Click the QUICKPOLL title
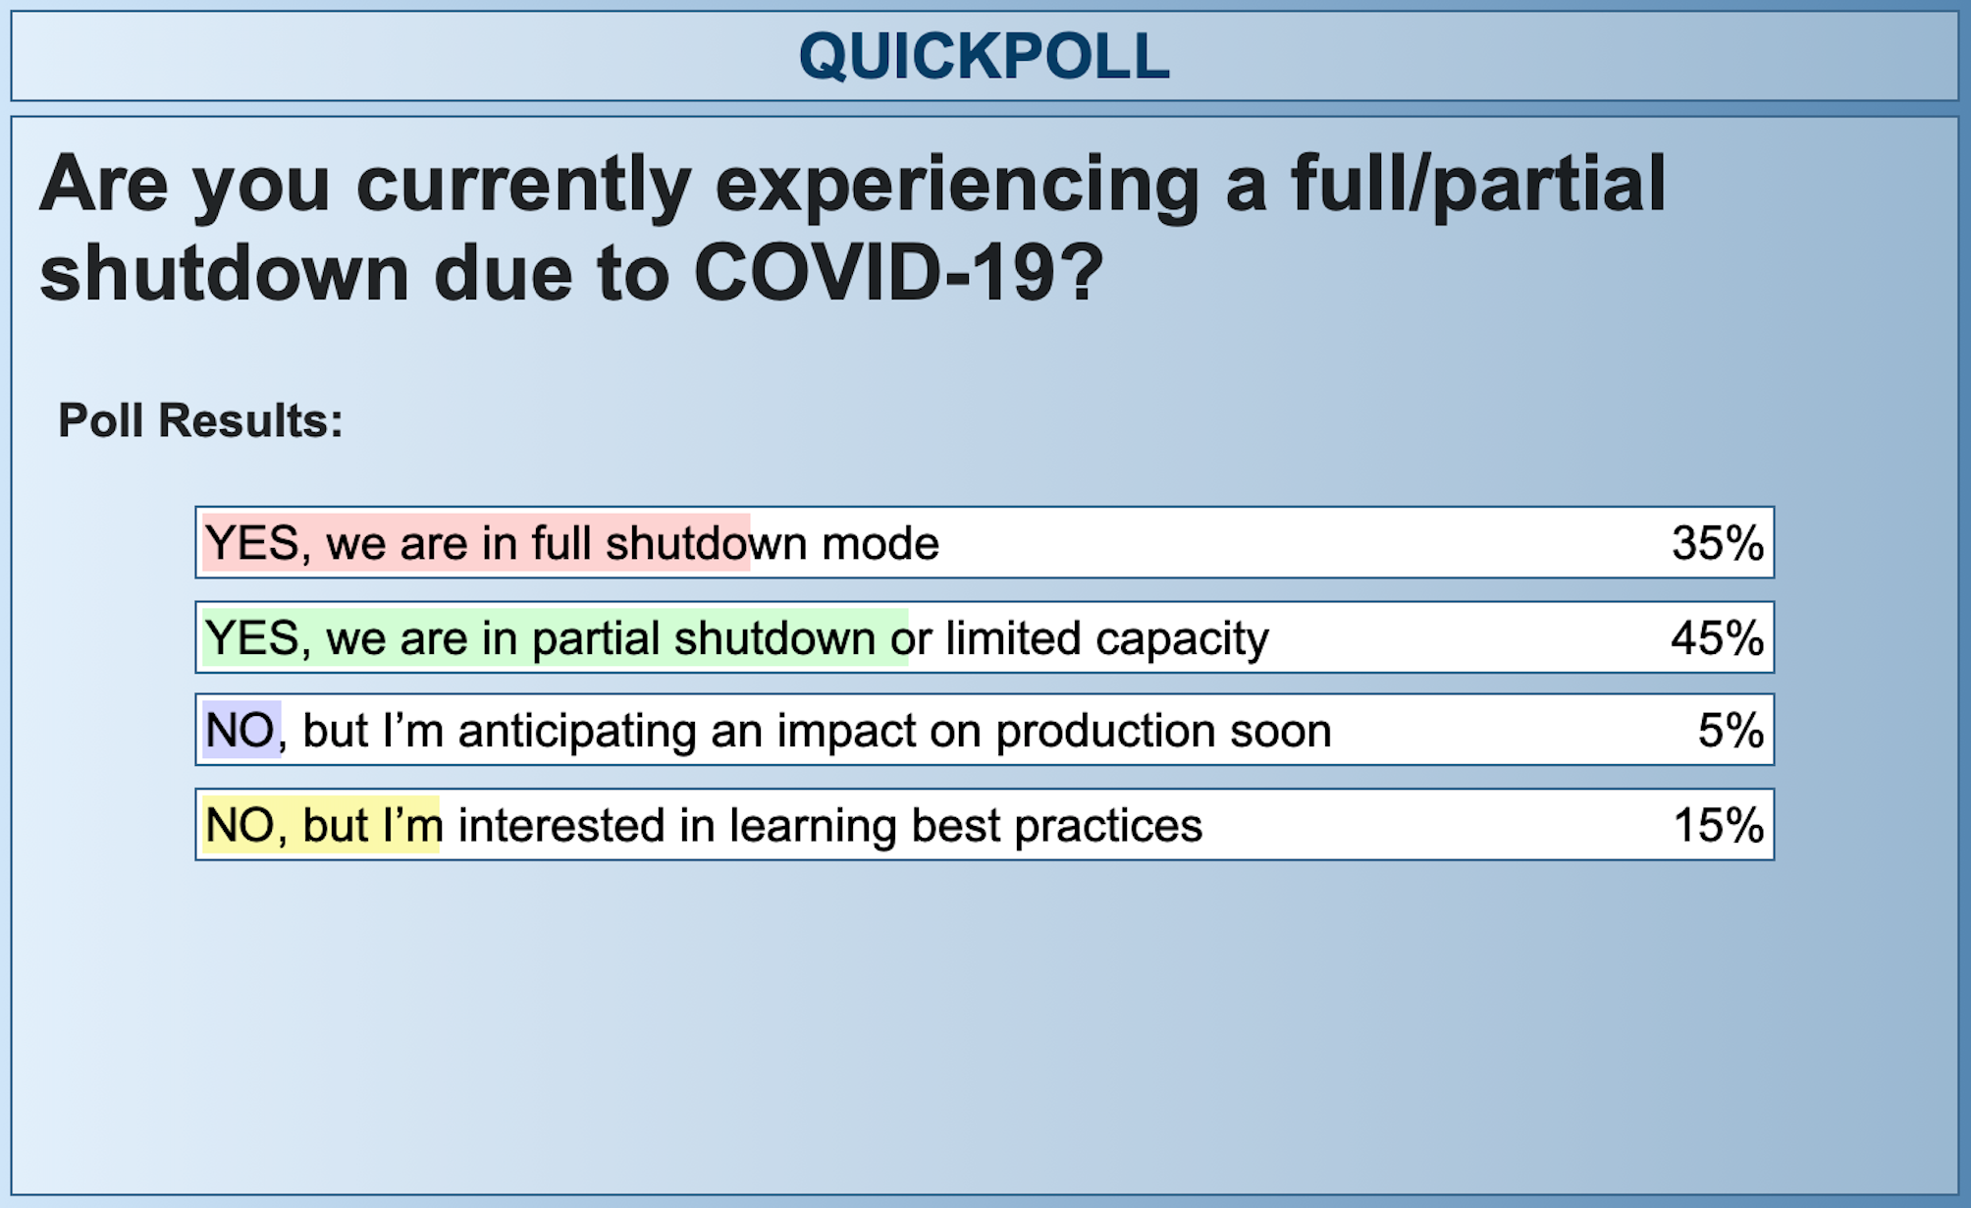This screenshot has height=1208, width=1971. point(984,56)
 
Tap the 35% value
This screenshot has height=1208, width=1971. point(1717,543)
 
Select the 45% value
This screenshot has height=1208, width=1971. point(1717,638)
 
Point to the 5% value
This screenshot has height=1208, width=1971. point(1730,731)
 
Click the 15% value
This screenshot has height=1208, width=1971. point(1717,825)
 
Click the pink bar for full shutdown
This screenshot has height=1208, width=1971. point(476,543)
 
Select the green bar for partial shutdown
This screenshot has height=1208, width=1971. point(555,638)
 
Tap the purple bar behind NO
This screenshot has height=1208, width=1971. point(241,731)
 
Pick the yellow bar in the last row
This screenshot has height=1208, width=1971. point(321,825)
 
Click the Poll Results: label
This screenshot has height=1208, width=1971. point(200,420)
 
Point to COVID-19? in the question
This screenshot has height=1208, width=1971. point(898,273)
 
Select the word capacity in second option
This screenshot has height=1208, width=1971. point(1182,639)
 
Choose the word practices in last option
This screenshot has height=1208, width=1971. point(1107,826)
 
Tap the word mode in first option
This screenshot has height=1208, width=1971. point(879,543)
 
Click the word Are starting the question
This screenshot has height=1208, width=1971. point(103,185)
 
